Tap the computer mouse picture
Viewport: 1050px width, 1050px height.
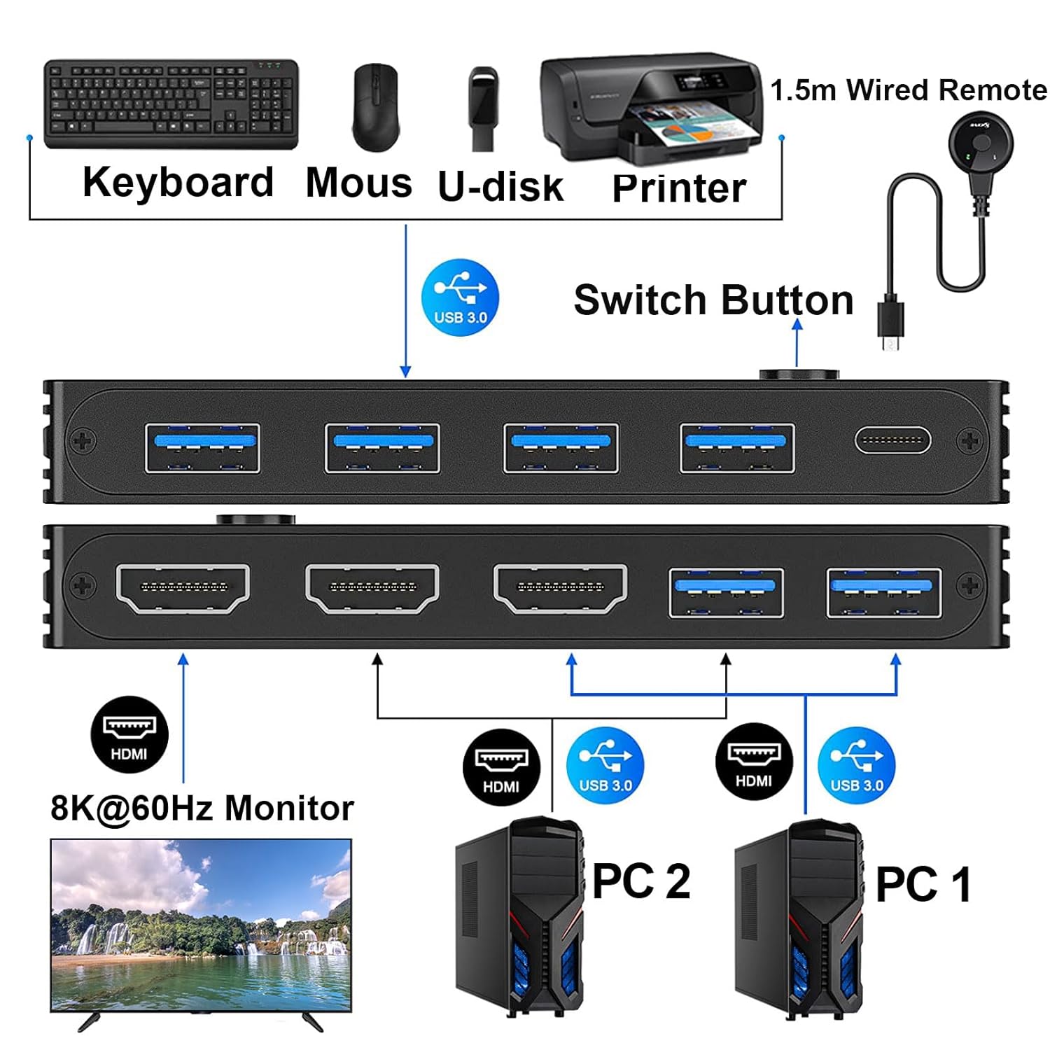(376, 107)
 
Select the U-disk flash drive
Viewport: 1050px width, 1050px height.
(482, 108)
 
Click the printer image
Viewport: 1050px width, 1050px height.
(650, 108)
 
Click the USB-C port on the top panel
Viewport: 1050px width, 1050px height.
(892, 441)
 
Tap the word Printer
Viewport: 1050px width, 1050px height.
(678, 188)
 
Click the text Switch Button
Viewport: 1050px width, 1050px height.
(713, 300)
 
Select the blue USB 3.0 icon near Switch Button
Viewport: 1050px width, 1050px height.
(460, 297)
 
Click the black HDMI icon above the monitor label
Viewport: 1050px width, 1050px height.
(129, 734)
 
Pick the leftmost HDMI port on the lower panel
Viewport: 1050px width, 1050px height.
(183, 588)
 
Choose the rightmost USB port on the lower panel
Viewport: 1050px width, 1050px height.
(883, 593)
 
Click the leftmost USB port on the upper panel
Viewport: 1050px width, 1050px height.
(202, 448)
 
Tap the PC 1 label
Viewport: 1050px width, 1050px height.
(923, 885)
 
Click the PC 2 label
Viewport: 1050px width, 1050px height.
(640, 881)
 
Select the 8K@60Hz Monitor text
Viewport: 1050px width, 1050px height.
(202, 808)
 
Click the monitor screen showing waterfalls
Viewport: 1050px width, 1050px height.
(201, 924)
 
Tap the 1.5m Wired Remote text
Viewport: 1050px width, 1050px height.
(908, 90)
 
